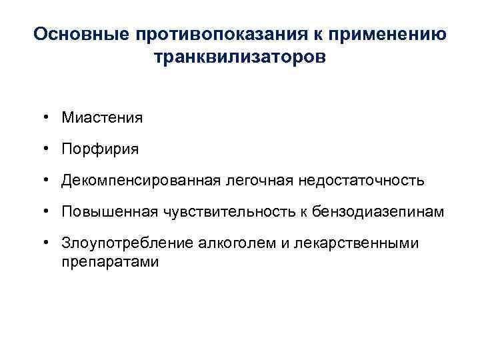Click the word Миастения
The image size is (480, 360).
(x=101, y=118)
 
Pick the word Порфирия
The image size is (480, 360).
(x=100, y=149)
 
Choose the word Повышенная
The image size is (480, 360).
(x=107, y=212)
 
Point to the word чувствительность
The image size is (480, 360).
(x=223, y=212)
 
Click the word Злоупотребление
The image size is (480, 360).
(x=127, y=243)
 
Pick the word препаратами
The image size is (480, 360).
(x=110, y=261)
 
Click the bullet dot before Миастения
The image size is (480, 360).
(x=49, y=118)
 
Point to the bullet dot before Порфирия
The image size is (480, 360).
(x=49, y=149)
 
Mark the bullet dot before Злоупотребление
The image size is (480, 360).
(x=49, y=243)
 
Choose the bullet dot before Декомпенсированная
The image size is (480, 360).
(x=49, y=181)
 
